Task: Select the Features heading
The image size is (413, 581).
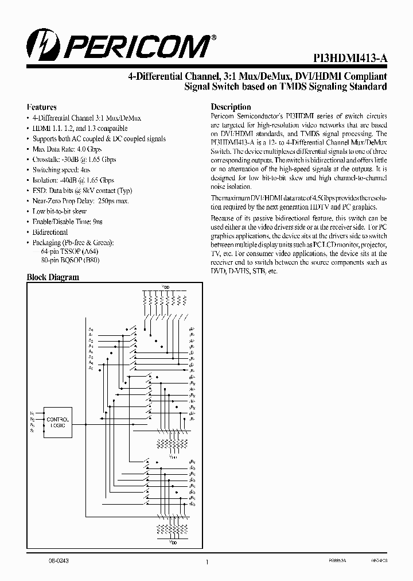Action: (x=42, y=107)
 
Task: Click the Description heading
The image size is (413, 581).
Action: (x=231, y=107)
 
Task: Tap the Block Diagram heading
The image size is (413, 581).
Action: (x=53, y=277)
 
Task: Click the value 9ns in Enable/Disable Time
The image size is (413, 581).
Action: (x=98, y=222)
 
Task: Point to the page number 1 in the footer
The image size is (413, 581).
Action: (x=206, y=563)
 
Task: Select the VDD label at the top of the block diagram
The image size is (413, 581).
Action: (x=166, y=285)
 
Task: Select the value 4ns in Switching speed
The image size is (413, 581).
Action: (x=85, y=170)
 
